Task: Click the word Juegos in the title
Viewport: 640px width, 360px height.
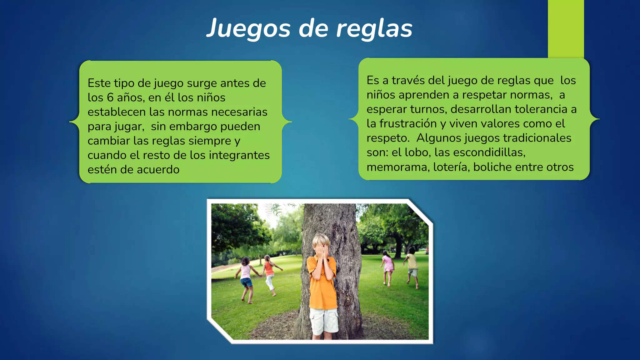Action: click(x=248, y=29)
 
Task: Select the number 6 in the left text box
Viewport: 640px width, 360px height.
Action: click(x=110, y=97)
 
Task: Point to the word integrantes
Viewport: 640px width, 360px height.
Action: click(x=239, y=155)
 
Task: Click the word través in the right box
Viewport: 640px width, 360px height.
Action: click(x=408, y=80)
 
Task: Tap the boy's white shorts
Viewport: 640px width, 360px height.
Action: click(x=323, y=320)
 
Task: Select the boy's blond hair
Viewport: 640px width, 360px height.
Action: click(x=320, y=240)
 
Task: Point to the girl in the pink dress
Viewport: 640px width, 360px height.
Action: click(x=387, y=266)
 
